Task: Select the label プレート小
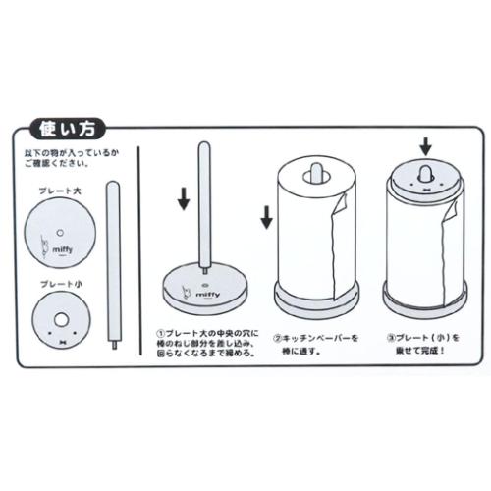[61, 283]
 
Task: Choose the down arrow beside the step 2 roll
[264, 217]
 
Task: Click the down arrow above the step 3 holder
[424, 146]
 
